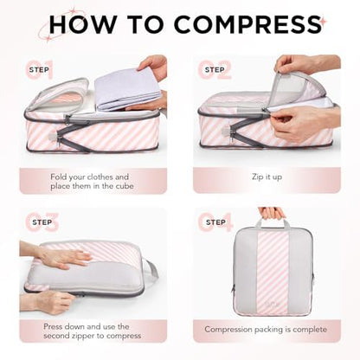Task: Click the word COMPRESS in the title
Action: tap(247, 24)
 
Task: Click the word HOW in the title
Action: tap(83, 24)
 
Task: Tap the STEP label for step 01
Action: tap(39, 70)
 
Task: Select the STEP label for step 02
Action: tap(215, 70)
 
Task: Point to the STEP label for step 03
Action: tap(42, 222)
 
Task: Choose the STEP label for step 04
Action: tap(215, 222)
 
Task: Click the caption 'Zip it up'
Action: tap(267, 177)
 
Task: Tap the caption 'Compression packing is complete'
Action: tap(266, 330)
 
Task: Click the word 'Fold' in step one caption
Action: tap(59, 177)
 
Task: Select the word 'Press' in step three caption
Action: tap(54, 326)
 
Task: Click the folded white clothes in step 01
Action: tap(128, 89)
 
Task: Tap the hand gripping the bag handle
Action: tap(272, 213)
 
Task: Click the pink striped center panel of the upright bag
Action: tap(273, 273)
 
